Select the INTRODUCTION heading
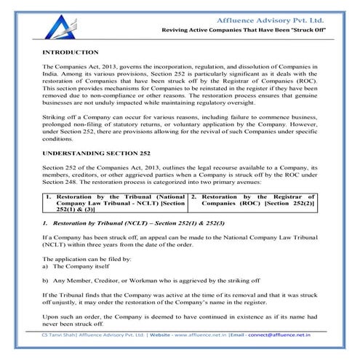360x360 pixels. [71, 52]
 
